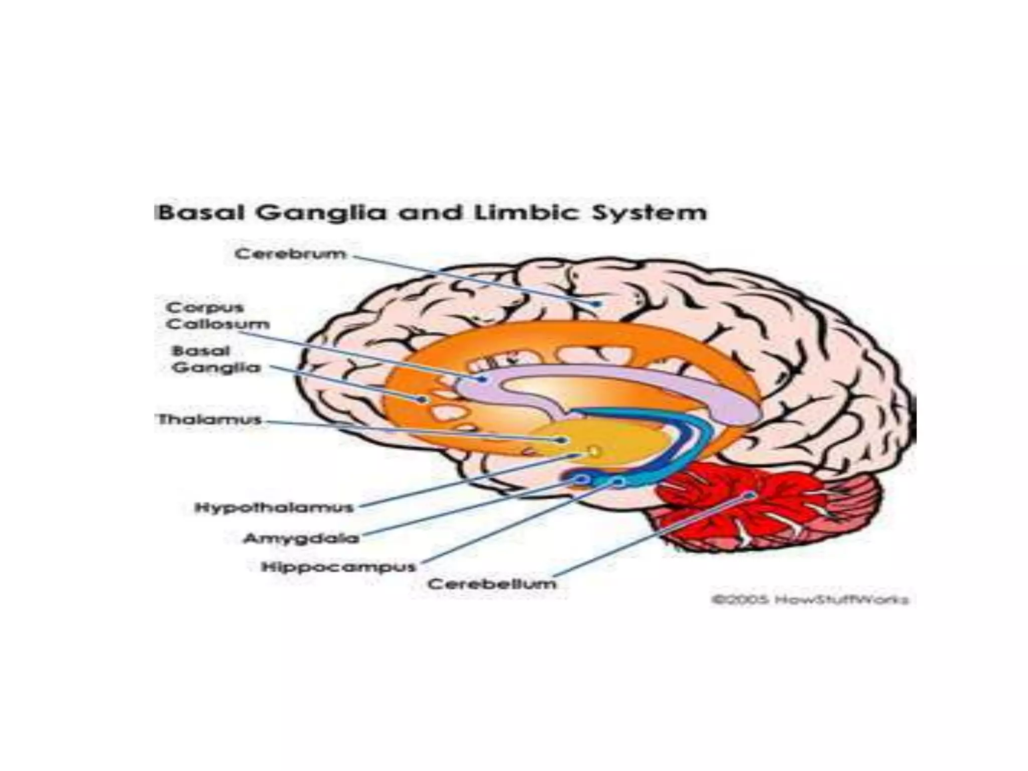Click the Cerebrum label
tap(290, 254)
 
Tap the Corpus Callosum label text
tap(217, 316)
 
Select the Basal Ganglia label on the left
tap(216, 359)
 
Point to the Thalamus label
tap(210, 420)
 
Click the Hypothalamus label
tap(274, 507)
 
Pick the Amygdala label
tap(301, 539)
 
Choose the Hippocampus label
tap(339, 567)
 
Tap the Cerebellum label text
tap(492, 584)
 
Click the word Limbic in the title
tap(525, 213)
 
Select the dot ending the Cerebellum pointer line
tap(751, 495)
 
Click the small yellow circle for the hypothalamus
tap(594, 452)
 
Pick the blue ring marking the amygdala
tap(582, 480)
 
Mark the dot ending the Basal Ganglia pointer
tap(423, 400)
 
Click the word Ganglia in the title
tap(322, 213)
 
